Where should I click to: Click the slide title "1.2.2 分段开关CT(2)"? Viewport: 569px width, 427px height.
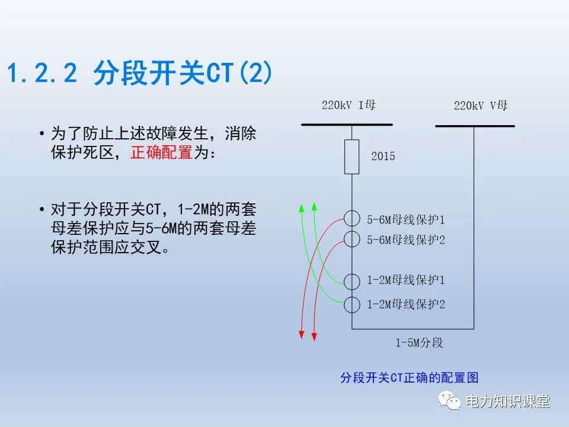pos(140,74)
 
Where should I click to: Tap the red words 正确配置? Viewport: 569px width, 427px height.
pos(161,152)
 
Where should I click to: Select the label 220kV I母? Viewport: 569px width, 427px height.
pos(349,106)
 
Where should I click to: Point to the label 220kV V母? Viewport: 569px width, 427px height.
pos(481,106)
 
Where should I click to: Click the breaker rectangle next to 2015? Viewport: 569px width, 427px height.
pos(352,157)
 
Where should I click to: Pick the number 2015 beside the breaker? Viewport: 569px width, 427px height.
pos(383,157)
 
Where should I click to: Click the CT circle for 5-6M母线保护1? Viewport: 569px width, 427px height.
pos(352,219)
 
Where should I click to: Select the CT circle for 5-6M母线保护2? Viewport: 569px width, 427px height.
pos(352,239)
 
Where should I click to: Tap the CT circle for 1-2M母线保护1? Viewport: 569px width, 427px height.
pos(352,281)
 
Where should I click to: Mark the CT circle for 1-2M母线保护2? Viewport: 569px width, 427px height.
pos(352,304)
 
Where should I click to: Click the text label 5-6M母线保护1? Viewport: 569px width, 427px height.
pos(405,219)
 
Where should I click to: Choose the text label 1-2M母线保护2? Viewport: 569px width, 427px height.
pos(405,304)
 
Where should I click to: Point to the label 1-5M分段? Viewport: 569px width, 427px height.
pos(419,343)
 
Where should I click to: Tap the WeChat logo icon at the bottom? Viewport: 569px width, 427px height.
pos(449,401)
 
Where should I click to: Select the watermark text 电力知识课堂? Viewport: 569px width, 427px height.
pos(508,401)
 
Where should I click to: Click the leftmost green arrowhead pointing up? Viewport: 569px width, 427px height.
pos(301,208)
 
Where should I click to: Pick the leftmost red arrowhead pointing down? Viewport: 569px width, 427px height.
pos(301,335)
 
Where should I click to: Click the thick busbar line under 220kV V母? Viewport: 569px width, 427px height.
pos(475,126)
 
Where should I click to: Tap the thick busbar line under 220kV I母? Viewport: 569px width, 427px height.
pos(347,125)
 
